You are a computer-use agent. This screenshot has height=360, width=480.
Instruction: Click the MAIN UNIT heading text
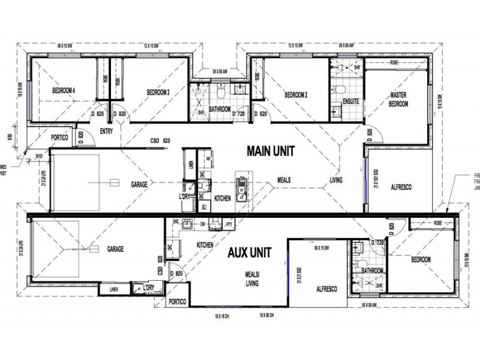click(x=270, y=151)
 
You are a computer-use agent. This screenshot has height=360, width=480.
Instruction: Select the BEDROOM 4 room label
click(x=64, y=91)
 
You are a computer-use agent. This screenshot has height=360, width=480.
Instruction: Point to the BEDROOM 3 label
click(x=158, y=92)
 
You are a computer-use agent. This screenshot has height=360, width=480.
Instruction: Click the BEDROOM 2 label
click(x=296, y=95)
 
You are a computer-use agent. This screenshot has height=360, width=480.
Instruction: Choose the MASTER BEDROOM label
click(x=398, y=99)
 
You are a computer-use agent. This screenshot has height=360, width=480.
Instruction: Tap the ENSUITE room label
click(x=350, y=101)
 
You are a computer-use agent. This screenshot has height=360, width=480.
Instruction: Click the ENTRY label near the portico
click(x=107, y=131)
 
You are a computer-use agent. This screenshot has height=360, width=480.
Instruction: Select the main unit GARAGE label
click(x=139, y=184)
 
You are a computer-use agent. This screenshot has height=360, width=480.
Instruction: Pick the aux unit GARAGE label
click(x=115, y=248)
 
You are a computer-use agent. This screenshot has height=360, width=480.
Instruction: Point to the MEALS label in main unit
click(x=285, y=179)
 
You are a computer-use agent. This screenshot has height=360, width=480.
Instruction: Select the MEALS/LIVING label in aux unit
click(x=252, y=279)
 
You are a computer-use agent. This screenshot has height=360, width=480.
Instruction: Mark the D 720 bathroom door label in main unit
click(x=239, y=113)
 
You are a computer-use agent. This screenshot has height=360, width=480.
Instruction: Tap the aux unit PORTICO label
click(x=178, y=302)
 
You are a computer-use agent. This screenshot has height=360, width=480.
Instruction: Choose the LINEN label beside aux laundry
click(x=113, y=290)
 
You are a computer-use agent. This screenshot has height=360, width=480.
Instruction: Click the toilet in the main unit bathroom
click(x=221, y=94)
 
